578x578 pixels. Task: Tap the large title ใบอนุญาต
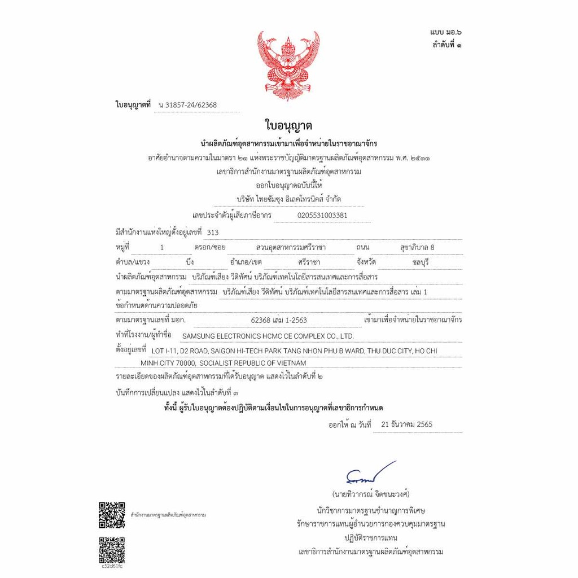(288, 125)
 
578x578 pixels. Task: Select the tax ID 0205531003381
(322, 215)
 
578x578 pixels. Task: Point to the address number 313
(213, 232)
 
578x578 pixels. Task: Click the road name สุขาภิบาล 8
(417, 247)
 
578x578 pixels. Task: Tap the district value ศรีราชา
(309, 262)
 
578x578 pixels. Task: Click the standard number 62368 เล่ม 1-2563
(279, 320)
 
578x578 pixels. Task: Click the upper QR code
(112, 514)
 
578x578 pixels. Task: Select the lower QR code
(112, 550)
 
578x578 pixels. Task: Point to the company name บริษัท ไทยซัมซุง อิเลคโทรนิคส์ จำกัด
(289, 199)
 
